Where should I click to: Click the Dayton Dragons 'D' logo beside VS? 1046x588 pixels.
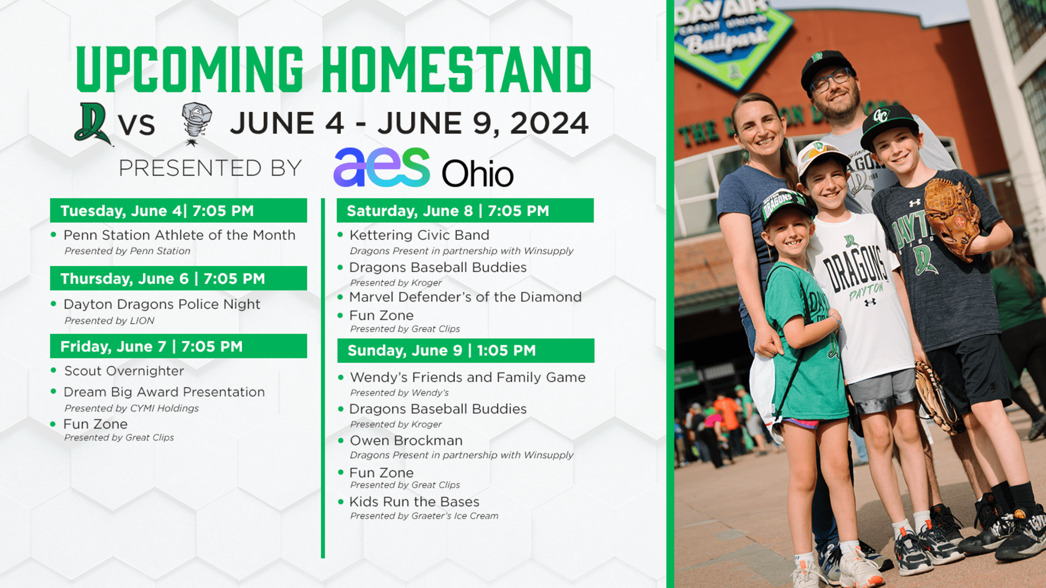pyautogui.click(x=92, y=124)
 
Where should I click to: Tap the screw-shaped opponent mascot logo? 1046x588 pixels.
pyautogui.click(x=197, y=124)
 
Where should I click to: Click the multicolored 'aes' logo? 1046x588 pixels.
pyautogui.click(x=382, y=168)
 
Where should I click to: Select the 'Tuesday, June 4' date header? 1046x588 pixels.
pyautogui.click(x=179, y=211)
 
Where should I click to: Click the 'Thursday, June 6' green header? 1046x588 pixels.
pyautogui.click(x=179, y=278)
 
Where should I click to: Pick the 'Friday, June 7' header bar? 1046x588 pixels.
pyautogui.click(x=179, y=346)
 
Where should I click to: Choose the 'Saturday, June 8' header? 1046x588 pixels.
pyautogui.click(x=465, y=211)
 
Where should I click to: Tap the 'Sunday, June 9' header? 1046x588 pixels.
pyautogui.click(x=466, y=350)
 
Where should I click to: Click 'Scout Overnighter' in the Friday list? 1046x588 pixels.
pyautogui.click(x=124, y=371)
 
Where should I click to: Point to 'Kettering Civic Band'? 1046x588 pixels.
pyautogui.click(x=419, y=235)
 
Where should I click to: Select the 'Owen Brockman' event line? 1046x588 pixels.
pyautogui.click(x=406, y=440)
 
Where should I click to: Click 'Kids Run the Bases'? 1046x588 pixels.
pyautogui.click(x=415, y=501)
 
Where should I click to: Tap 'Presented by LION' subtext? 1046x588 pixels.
pyautogui.click(x=109, y=321)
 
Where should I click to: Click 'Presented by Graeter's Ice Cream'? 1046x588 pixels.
pyautogui.click(x=424, y=516)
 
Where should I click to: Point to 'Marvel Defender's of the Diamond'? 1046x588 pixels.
pyautogui.click(x=465, y=297)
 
